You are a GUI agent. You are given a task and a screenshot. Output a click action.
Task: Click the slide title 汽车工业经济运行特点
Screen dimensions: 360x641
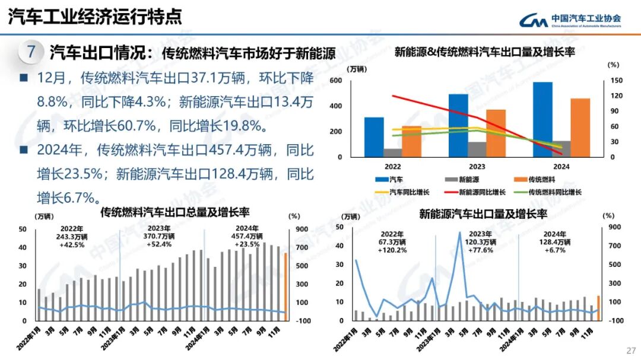pos(95,17)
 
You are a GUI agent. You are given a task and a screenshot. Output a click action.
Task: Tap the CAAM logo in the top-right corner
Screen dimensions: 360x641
pos(570,20)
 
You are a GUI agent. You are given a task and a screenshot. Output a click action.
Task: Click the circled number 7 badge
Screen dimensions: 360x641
pos(31,52)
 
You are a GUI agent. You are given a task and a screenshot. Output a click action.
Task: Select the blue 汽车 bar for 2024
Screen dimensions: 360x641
pos(542,119)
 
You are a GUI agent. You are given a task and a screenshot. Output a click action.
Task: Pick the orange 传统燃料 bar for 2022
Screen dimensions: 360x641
pos(411,141)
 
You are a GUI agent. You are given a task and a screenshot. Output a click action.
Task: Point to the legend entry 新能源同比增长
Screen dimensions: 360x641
pos(475,192)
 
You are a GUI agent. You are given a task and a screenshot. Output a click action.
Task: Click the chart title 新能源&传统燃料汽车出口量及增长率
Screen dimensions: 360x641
pos(484,52)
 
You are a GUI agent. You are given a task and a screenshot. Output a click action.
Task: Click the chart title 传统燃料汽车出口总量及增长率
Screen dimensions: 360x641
pos(174,212)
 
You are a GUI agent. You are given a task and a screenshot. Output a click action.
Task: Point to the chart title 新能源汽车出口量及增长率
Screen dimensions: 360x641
pos(483,214)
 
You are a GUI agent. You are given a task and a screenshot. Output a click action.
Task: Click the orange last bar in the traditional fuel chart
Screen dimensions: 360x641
pos(285,287)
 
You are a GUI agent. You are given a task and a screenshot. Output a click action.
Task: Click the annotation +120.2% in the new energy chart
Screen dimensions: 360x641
pos(392,250)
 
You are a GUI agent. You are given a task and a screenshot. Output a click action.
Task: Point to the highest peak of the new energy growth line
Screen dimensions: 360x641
pos(459,232)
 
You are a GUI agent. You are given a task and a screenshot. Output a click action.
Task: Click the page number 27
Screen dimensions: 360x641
pos(630,349)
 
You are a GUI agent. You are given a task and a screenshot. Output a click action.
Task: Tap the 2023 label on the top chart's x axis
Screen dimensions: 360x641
pos(477,167)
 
